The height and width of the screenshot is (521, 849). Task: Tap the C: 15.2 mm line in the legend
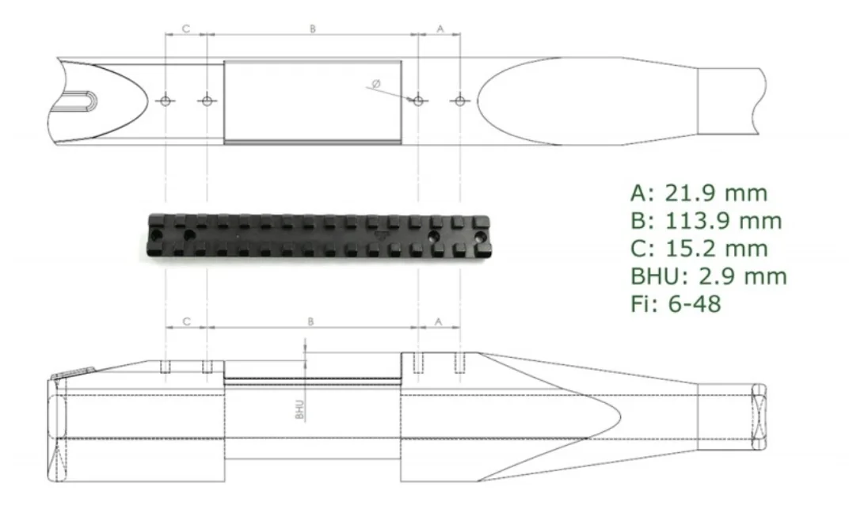699,248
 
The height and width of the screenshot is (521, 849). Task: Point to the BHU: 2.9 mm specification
708,276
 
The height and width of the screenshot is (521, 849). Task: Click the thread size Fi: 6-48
675,302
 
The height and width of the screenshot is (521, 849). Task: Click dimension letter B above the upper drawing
312,28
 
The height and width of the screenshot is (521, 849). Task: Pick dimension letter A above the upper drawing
440,28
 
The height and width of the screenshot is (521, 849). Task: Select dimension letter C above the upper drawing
185,28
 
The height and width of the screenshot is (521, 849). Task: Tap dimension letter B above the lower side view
312,321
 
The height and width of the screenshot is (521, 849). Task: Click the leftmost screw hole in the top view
165,101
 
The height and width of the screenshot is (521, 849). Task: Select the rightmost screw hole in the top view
460,101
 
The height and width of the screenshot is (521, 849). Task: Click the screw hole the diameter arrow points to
418,101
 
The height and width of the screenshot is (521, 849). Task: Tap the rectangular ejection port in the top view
312,101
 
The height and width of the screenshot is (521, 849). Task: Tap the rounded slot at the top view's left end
79,101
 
